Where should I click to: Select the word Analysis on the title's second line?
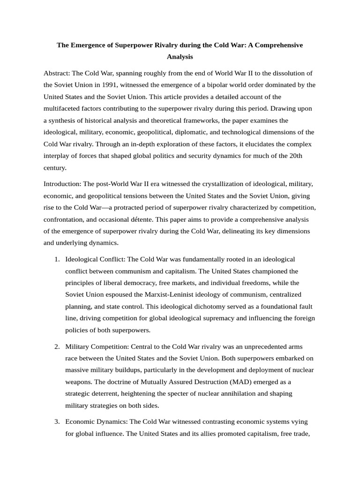coord(180,57)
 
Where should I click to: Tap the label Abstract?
coord(57,73)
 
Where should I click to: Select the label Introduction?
coord(62,183)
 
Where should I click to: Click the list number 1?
coord(56,259)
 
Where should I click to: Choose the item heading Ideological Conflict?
coord(96,259)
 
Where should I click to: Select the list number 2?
coord(56,346)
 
